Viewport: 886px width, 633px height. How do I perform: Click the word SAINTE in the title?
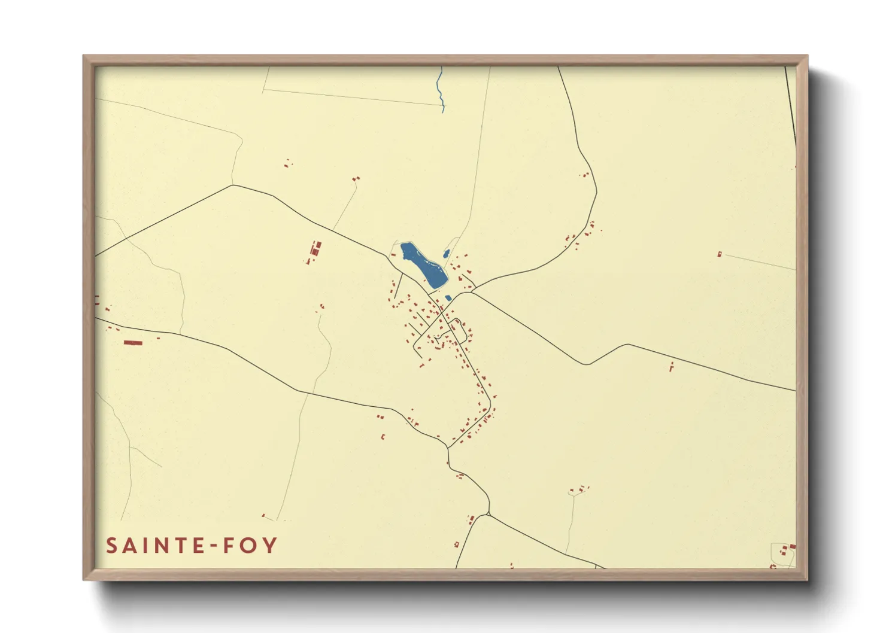point(153,546)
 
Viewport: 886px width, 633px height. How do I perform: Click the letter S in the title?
point(111,546)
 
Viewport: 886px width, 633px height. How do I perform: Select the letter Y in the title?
point(270,546)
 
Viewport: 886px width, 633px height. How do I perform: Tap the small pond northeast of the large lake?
point(446,254)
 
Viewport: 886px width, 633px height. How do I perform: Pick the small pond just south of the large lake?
point(448,298)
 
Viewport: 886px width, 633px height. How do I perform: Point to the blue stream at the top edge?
point(441,90)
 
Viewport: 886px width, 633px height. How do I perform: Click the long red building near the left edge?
point(133,343)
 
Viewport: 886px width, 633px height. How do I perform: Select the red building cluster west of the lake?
point(314,252)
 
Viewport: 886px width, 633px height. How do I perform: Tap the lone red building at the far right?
point(720,254)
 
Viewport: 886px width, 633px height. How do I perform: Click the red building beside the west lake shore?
point(393,254)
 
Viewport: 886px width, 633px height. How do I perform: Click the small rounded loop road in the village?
point(458,329)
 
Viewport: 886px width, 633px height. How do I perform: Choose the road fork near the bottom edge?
point(488,514)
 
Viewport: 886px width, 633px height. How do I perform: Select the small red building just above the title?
point(263,515)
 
